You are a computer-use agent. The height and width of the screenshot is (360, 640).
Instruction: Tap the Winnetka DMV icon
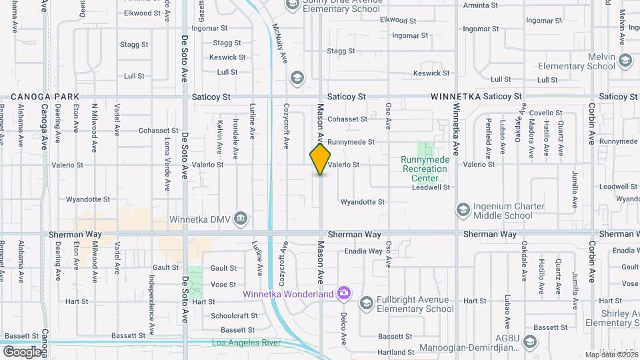[x=241, y=218]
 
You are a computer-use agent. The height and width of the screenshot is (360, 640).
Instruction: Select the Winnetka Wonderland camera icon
[x=343, y=293]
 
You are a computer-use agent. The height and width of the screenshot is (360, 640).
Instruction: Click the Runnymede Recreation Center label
[x=425, y=169]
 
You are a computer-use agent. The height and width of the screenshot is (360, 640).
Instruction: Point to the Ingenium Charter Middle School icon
[x=462, y=211]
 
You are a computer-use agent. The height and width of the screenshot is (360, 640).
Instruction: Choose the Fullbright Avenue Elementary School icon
[x=365, y=304]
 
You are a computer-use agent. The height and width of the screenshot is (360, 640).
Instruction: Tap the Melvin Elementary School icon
[x=625, y=61]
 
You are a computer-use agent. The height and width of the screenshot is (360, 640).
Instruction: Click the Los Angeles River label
[x=243, y=343]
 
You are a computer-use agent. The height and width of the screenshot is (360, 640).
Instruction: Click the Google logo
[x=22, y=351]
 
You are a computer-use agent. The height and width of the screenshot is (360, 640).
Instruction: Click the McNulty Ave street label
[x=279, y=43]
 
